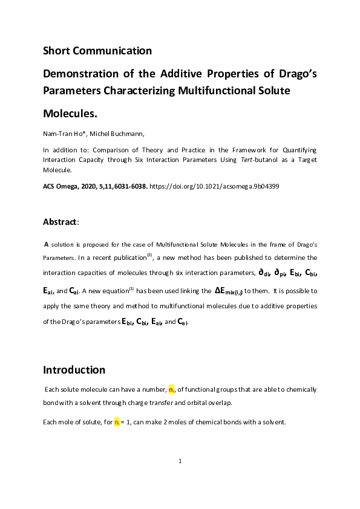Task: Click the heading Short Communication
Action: coord(97,50)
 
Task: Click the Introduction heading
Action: coord(74,370)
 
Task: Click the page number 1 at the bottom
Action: coord(180,461)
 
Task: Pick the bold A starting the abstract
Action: coord(47,244)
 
